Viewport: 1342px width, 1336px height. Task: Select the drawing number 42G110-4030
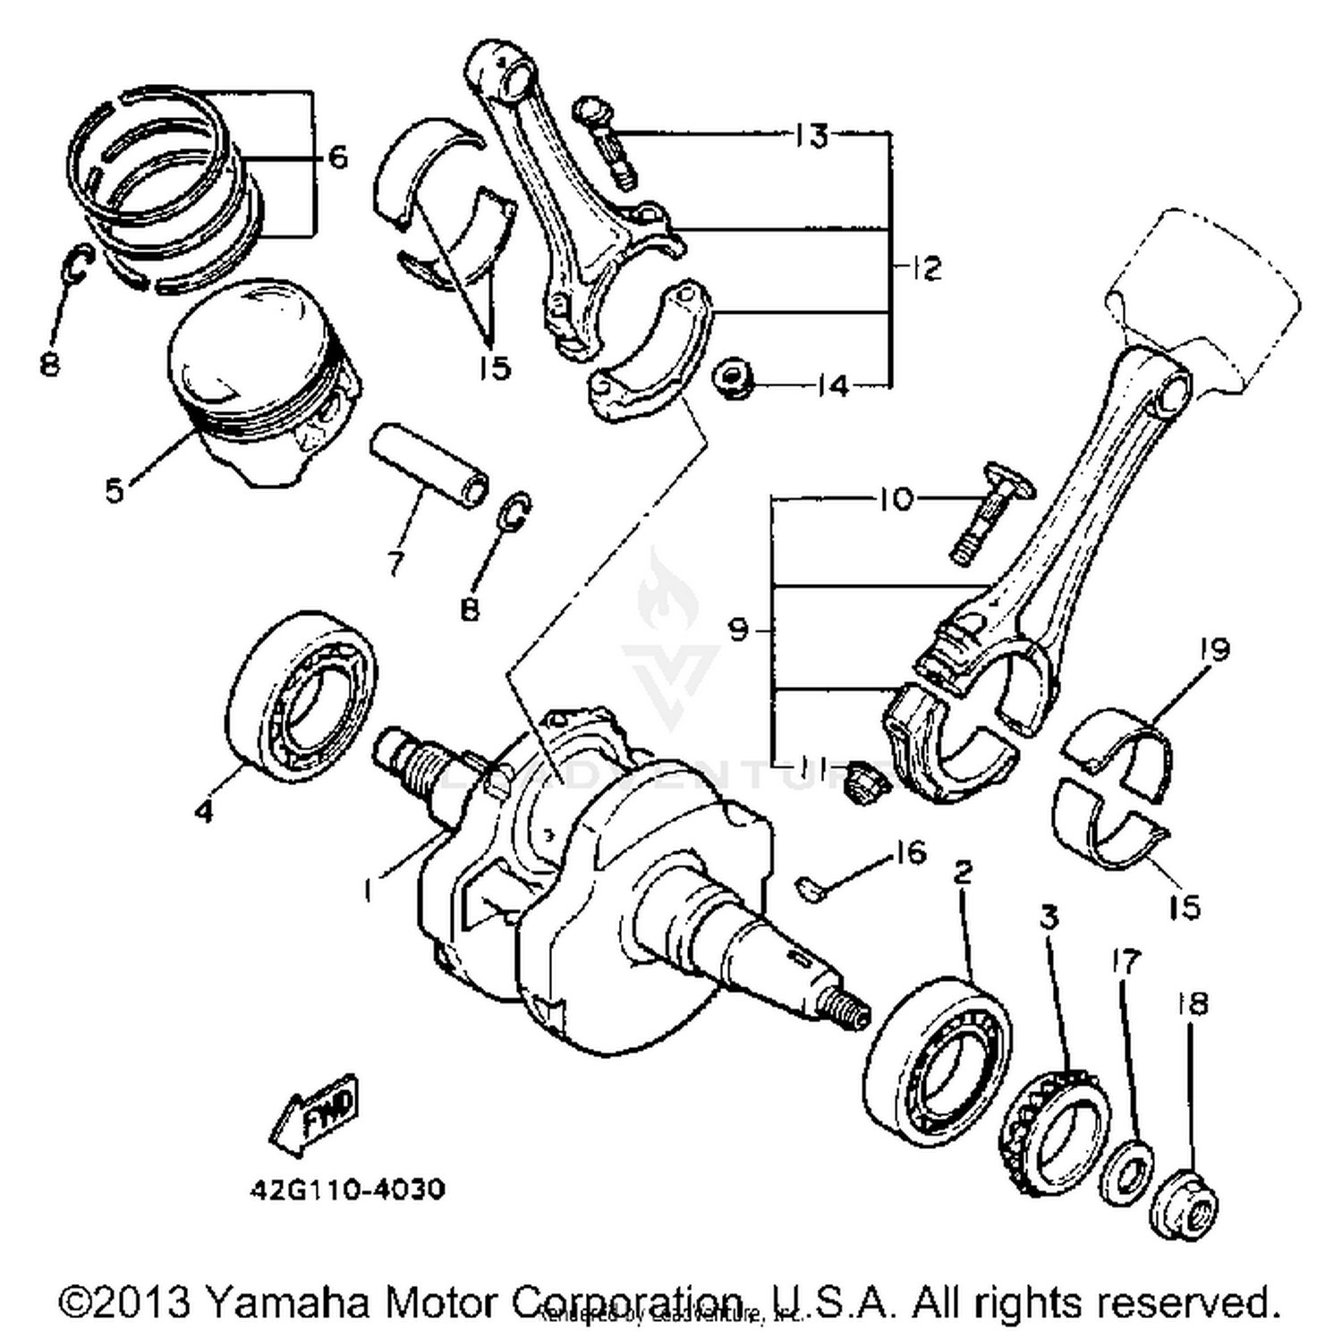tap(346, 1190)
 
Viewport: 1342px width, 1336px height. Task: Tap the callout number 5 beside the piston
tap(114, 490)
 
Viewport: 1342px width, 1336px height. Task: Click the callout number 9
tap(738, 630)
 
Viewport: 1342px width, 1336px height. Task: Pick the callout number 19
tap(1215, 648)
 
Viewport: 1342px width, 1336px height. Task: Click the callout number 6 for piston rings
tap(337, 157)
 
